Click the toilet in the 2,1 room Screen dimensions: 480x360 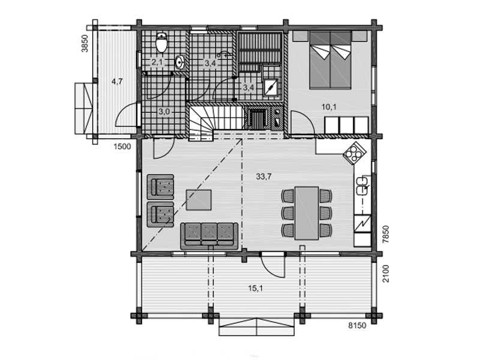click(x=161, y=42)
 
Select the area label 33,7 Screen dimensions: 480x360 click(x=263, y=176)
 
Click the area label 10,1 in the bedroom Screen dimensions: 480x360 click(x=329, y=107)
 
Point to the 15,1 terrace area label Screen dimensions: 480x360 click(x=256, y=288)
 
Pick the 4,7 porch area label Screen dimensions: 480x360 click(x=117, y=82)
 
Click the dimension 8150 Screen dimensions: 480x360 click(x=357, y=325)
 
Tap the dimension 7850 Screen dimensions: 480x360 click(x=386, y=234)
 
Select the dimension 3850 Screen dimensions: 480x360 click(x=85, y=43)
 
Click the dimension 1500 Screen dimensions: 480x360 click(x=122, y=146)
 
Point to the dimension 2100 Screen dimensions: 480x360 click(x=386, y=274)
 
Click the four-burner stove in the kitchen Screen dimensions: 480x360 click(x=355, y=153)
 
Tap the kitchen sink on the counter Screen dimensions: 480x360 click(x=362, y=185)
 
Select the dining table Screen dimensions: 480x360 click(x=307, y=213)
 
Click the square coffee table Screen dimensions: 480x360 click(x=199, y=200)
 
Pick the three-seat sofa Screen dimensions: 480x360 click(x=209, y=236)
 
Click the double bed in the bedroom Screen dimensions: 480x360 click(x=330, y=59)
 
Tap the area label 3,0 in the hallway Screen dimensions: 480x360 click(x=164, y=112)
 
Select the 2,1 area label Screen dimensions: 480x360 click(x=157, y=62)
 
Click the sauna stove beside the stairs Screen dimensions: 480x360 click(x=257, y=118)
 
